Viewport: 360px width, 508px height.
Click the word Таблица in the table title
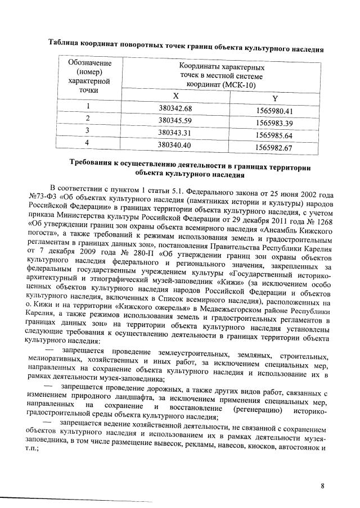pyautogui.click(x=65, y=43)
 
